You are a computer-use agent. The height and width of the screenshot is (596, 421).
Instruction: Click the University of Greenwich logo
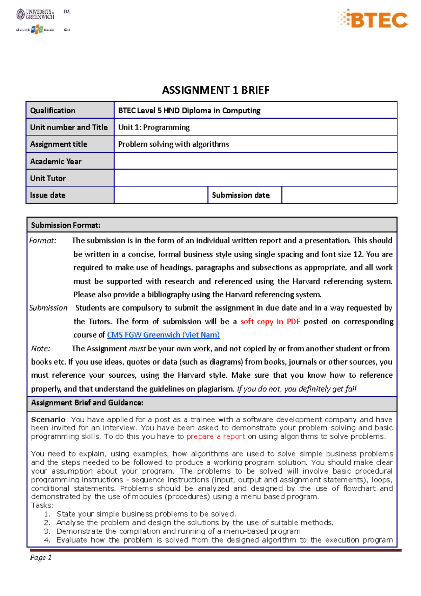[35, 14]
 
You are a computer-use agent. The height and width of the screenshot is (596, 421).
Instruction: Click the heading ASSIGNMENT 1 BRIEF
[215, 90]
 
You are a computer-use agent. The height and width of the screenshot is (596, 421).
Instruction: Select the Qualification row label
[53, 111]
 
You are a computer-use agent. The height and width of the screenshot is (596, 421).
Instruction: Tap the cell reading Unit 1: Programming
[154, 127]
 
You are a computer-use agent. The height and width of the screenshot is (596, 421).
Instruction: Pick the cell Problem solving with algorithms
[173, 144]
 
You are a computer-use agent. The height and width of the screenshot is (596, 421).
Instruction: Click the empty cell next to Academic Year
[255, 161]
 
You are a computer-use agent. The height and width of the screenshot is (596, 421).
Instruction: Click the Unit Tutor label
[48, 178]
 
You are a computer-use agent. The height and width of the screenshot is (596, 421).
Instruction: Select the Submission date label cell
[241, 195]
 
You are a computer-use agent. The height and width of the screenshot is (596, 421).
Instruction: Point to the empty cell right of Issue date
[161, 195]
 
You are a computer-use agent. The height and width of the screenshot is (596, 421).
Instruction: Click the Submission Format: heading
[66, 225]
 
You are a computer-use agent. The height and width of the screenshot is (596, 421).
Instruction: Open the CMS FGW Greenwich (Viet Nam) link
[163, 335]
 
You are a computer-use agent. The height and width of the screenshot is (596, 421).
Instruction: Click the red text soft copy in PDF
[270, 322]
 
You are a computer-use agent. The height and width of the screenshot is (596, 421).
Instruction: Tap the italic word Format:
[43, 241]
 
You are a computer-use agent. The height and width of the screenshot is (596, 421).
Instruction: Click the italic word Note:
[41, 349]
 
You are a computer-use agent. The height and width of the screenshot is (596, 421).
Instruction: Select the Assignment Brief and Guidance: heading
[87, 403]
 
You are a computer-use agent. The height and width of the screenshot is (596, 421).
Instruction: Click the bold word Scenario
[48, 419]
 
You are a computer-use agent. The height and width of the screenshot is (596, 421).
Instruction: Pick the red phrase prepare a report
[215, 437]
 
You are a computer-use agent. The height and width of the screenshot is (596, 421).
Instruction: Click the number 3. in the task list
[47, 531]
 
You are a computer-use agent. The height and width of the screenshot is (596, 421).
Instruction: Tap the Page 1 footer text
[41, 557]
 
